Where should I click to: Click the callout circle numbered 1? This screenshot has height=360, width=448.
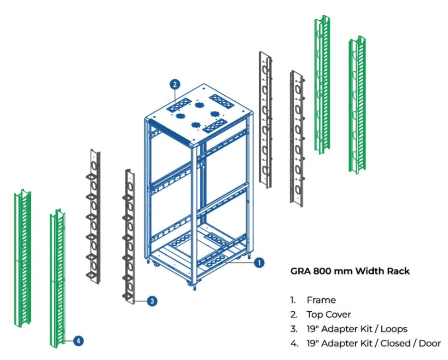coord(259,262)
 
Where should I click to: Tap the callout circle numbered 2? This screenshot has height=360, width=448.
coord(175,84)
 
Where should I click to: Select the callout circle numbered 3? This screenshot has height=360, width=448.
coord(152,301)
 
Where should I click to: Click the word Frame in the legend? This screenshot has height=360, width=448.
coord(321,300)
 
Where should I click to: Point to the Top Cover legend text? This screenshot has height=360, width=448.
coord(328,314)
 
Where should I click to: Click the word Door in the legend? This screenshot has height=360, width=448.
coord(431,343)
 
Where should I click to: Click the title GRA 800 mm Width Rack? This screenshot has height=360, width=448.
coord(350,271)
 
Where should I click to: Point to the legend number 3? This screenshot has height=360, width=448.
coord(293,329)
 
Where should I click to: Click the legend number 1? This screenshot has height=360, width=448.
coord(293,300)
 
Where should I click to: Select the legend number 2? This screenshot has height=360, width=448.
coord(293,314)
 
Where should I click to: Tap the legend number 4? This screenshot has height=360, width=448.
coord(293,343)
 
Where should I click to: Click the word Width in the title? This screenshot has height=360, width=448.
coord(368,271)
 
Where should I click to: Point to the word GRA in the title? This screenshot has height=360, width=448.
coord(300,271)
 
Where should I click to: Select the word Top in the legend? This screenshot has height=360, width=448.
coord(314,314)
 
